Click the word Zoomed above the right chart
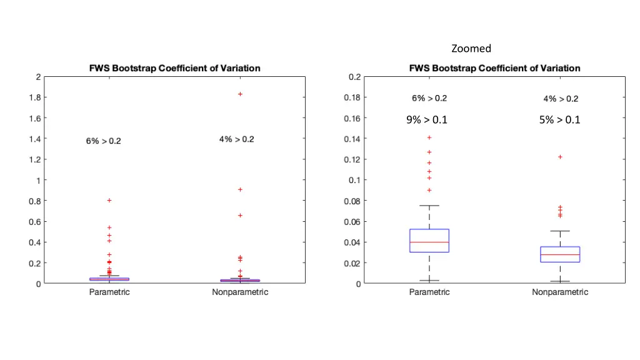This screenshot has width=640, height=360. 471,48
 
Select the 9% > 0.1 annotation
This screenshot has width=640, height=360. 427,120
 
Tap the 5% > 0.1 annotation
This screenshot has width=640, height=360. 559,120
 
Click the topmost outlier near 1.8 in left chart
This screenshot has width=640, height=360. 240,94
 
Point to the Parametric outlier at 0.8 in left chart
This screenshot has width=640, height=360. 109,201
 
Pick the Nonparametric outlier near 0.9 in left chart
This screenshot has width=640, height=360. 240,189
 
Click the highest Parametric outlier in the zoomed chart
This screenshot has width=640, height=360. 429,137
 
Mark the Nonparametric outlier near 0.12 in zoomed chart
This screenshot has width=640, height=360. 560,157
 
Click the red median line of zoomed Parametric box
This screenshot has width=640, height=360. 429,242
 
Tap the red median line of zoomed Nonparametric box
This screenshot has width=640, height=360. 560,255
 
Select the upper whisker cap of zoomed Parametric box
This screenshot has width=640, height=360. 429,206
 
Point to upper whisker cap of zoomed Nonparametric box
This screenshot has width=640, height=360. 560,231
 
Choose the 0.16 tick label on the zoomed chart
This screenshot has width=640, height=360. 354,118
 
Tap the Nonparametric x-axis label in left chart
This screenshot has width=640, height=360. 240,292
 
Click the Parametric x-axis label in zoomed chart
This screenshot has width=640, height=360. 429,292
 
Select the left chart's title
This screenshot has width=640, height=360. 169,68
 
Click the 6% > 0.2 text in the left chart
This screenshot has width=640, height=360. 104,141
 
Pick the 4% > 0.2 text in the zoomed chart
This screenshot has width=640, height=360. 561,99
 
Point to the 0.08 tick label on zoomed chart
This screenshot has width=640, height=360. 354,201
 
